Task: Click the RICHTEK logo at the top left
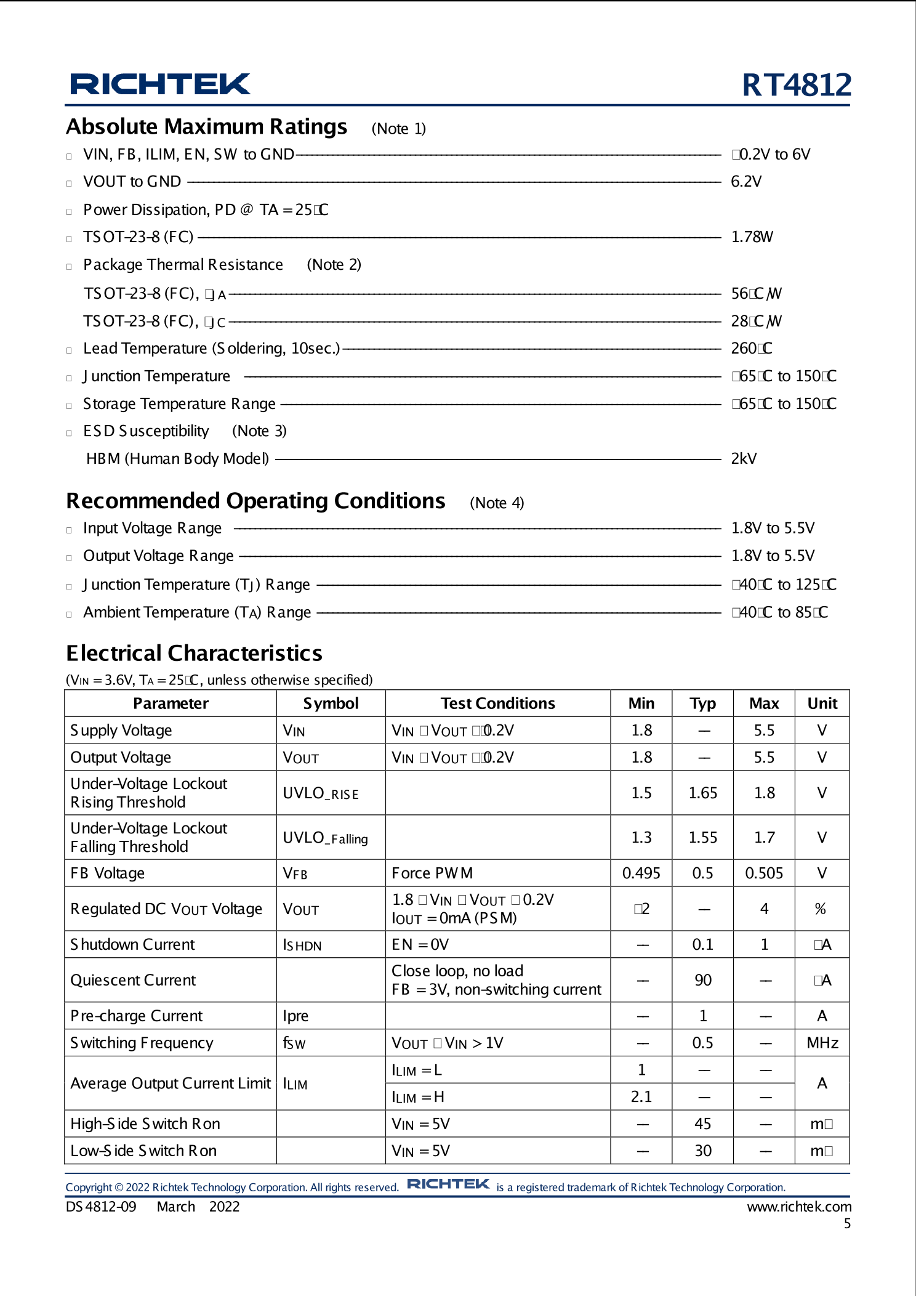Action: coord(160,84)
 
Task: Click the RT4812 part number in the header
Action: coord(796,85)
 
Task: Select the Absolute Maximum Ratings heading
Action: coord(207,127)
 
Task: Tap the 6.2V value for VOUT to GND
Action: coord(746,182)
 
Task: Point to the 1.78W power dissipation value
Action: coord(752,237)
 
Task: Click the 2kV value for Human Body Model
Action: coord(744,459)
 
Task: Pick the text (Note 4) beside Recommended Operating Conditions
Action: coord(496,503)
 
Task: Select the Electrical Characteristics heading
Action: coord(194,654)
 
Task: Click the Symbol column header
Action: coord(331,703)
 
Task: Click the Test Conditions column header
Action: coord(497,703)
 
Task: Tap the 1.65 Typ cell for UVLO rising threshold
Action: coord(702,793)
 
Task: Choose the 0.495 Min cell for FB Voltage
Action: coord(641,873)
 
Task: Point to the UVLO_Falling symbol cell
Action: coord(325,838)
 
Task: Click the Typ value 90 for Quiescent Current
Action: coord(702,980)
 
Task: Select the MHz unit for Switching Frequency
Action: coord(822,1043)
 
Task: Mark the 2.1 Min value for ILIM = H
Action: coord(641,1097)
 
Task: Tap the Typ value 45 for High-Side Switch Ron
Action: coord(702,1124)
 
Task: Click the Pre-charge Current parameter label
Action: coord(136,1016)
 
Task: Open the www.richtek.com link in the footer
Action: coord(798,1207)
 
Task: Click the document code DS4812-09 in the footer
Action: coord(101,1207)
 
